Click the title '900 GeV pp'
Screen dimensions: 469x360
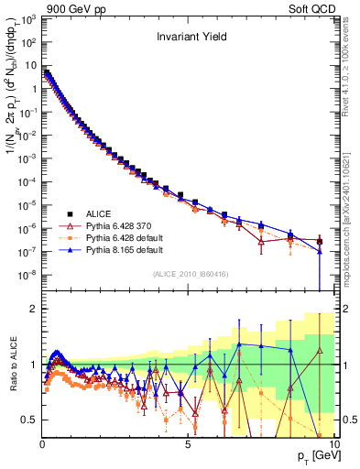(70, 8)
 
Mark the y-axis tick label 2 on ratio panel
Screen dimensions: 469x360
(33, 309)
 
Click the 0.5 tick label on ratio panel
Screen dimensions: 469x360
(29, 420)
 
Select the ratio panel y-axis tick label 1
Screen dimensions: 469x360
(33, 365)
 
